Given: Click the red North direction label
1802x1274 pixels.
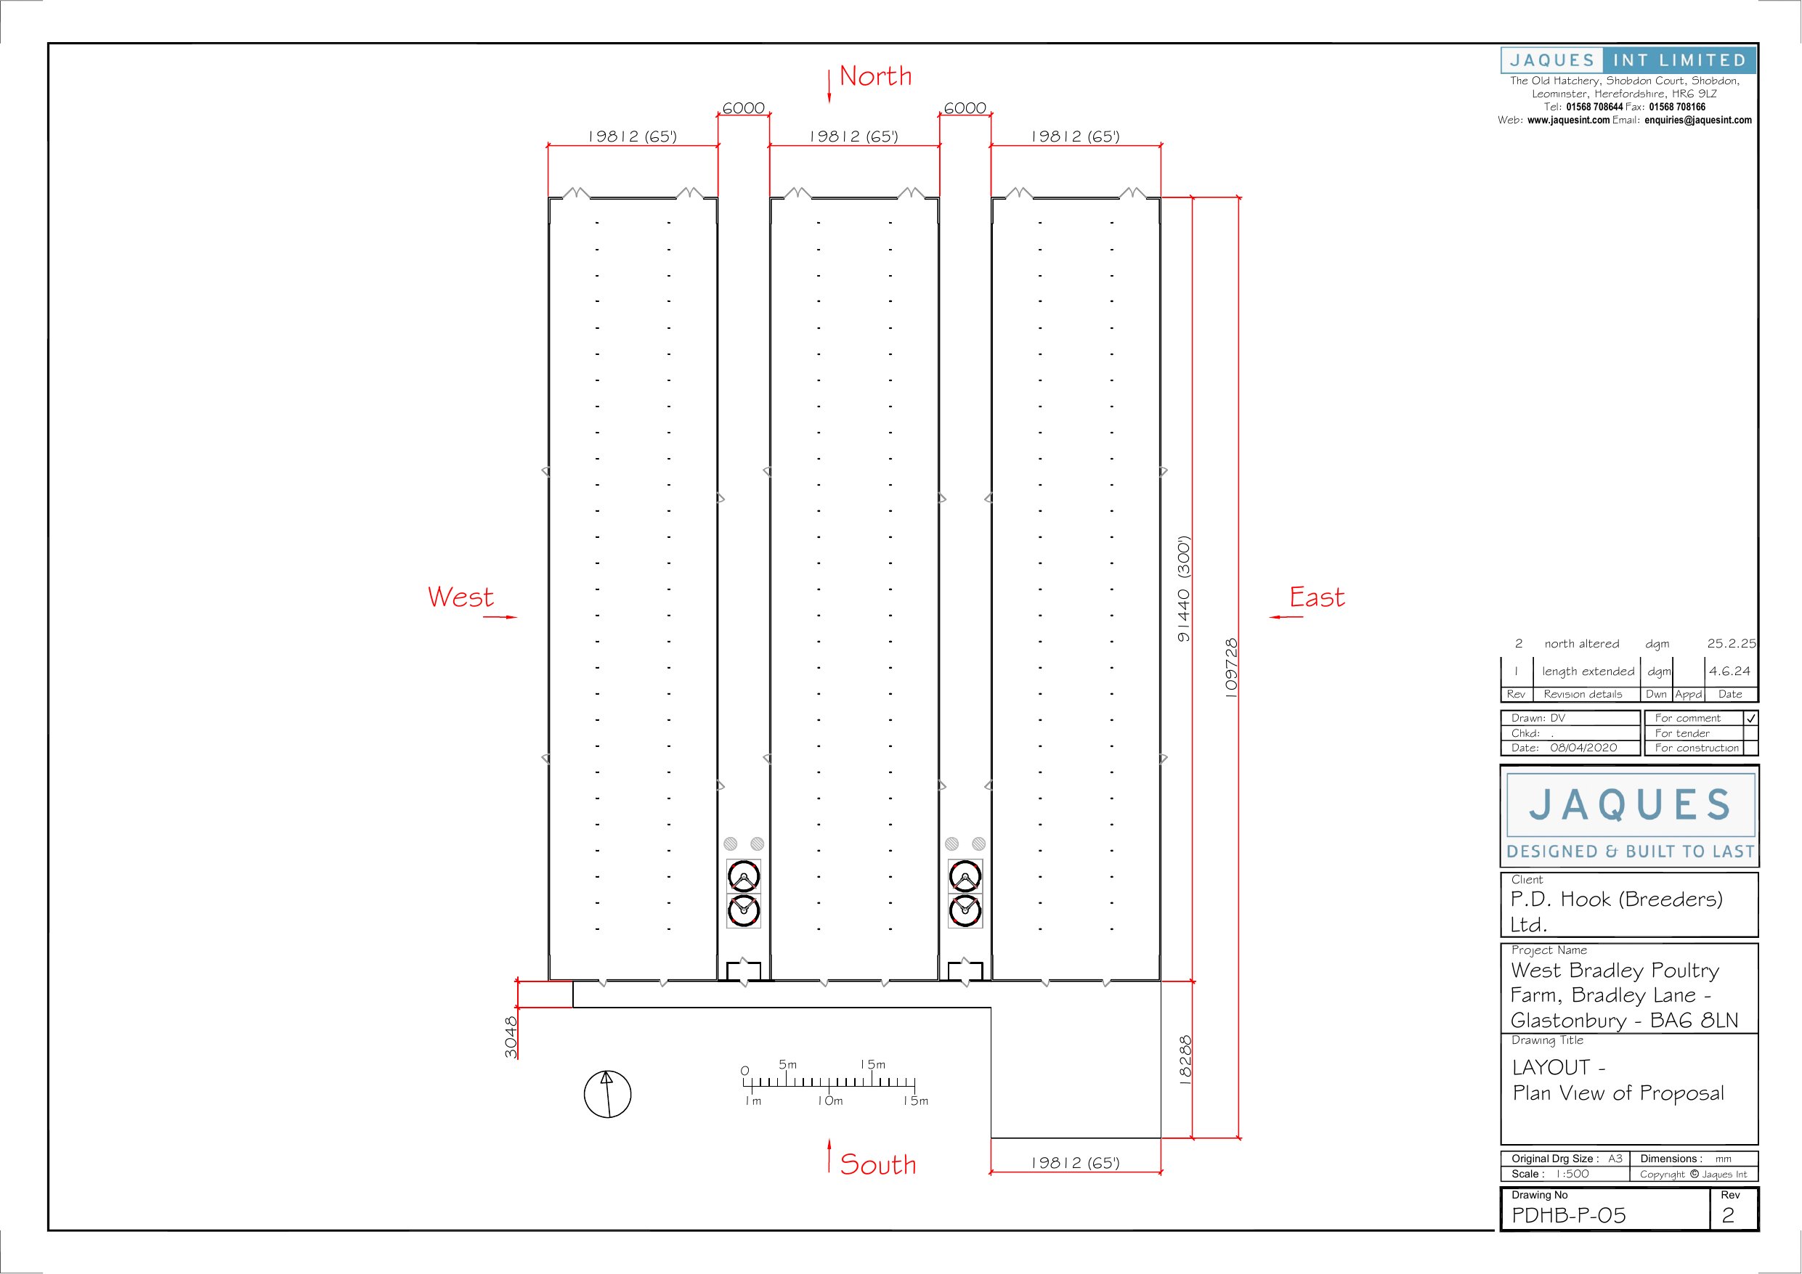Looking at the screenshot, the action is pyautogui.click(x=875, y=76).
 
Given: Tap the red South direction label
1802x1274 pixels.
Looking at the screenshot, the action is pyautogui.click(x=877, y=1164).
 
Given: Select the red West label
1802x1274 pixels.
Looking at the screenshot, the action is pyautogui.click(x=460, y=597).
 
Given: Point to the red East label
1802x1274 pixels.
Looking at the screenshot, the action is pyautogui.click(x=1317, y=597).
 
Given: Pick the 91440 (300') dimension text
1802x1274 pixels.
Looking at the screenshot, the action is pyautogui.click(x=1184, y=588).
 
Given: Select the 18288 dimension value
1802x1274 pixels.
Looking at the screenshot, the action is pyautogui.click(x=1185, y=1061).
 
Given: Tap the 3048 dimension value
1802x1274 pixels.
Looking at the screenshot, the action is pyautogui.click(x=511, y=1037).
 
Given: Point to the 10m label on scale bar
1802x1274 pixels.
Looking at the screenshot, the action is pyautogui.click(x=829, y=1101).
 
